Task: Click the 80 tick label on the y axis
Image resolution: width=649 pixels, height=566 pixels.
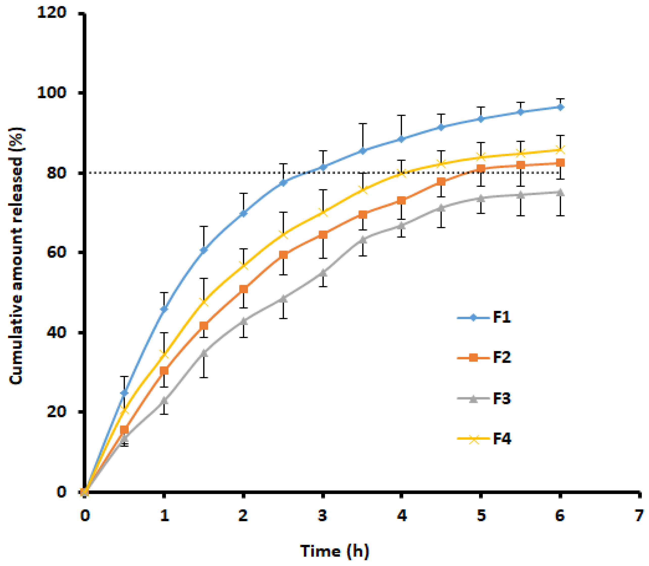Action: (56, 173)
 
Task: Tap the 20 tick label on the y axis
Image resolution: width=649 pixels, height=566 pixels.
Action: (56, 411)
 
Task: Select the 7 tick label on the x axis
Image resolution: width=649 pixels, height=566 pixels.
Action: (639, 516)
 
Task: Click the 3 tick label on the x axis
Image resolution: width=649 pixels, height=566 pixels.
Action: (322, 516)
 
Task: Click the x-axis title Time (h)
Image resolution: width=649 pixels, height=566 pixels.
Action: (334, 551)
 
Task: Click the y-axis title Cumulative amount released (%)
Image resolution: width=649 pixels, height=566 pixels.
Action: (16, 256)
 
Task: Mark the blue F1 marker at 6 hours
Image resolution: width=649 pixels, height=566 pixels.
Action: (560, 107)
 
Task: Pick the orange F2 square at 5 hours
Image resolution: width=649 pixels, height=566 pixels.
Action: (481, 168)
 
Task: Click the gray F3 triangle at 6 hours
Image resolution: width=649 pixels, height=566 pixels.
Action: (560, 192)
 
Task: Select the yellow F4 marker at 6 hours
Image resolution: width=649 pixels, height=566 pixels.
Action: (560, 150)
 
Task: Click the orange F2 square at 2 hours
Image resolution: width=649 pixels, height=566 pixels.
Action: (243, 289)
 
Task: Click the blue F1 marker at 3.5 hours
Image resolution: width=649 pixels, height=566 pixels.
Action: (363, 151)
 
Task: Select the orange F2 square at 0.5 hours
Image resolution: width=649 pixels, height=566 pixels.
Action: (124, 430)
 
